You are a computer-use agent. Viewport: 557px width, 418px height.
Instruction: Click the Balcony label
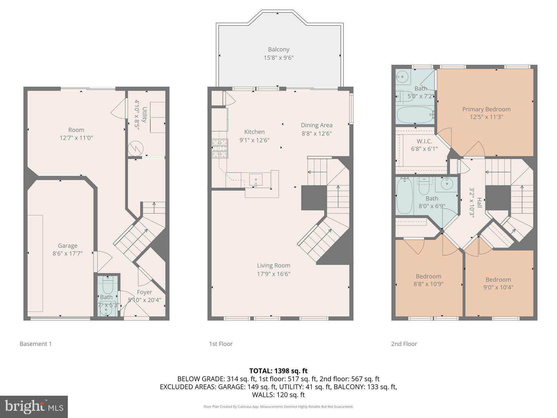[x=278, y=50]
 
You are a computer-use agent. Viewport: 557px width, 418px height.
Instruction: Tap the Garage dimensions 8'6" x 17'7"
[x=67, y=253]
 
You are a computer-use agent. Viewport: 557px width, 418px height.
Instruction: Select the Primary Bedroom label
[x=486, y=109]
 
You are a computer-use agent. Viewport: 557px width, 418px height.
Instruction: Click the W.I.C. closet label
[x=424, y=141]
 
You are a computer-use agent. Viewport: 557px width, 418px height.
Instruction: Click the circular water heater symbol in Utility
[x=135, y=148]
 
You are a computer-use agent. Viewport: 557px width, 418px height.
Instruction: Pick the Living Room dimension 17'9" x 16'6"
[x=274, y=274]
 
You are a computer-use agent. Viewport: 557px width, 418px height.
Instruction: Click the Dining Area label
[x=317, y=125]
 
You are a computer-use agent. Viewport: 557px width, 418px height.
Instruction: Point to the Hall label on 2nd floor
[x=479, y=202]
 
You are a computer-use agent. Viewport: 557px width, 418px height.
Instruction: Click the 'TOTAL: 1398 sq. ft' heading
[x=278, y=371]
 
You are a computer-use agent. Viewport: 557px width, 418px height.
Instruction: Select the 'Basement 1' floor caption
[x=36, y=344]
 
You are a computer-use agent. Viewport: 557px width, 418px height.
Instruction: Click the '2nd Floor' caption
[x=404, y=344]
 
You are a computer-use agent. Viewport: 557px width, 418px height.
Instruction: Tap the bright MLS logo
[x=34, y=407]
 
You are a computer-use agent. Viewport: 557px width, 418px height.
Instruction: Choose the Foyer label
[x=144, y=292]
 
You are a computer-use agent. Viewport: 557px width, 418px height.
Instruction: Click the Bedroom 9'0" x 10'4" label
[x=498, y=280]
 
